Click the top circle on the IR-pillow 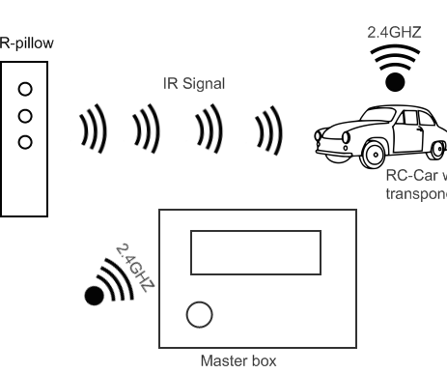click(26, 90)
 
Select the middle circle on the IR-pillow click(26, 116)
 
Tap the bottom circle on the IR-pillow click(26, 142)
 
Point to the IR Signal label click(193, 84)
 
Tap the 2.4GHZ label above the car click(393, 32)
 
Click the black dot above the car click(395, 81)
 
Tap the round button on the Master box click(199, 314)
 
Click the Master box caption click(237, 361)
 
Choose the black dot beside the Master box click(95, 296)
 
